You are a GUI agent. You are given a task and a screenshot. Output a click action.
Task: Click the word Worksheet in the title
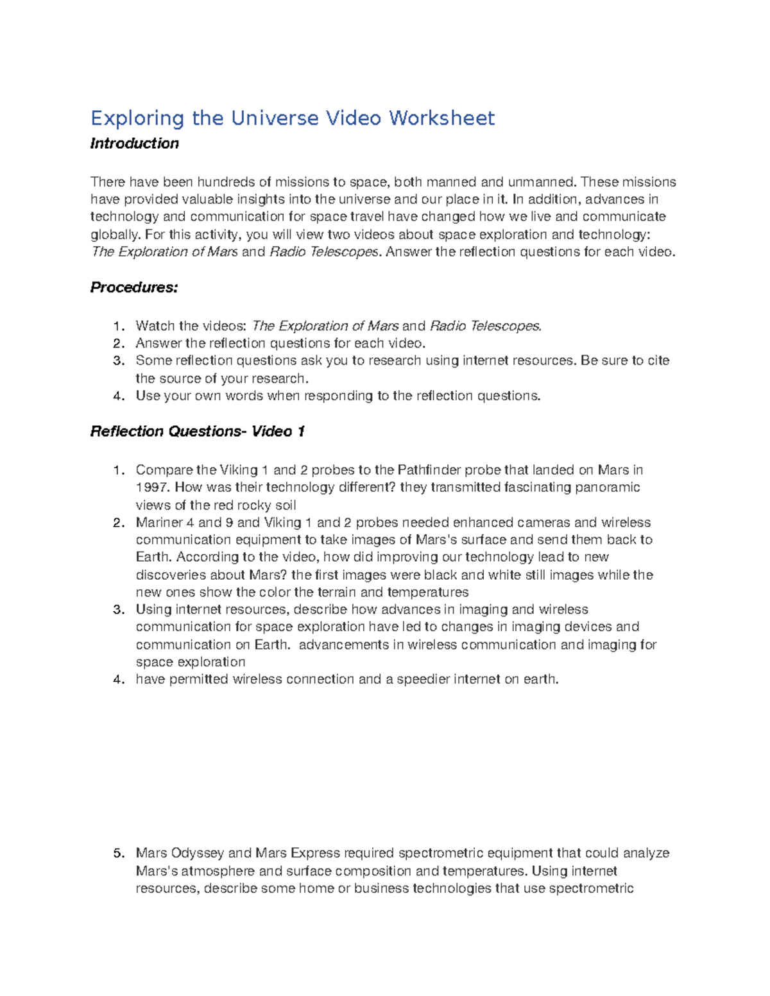click(x=442, y=118)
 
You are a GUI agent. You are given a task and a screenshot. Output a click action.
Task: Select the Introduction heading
click(x=134, y=144)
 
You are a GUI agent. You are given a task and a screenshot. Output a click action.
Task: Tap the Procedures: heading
click(x=133, y=287)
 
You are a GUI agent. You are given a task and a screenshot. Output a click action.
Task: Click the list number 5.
click(x=117, y=854)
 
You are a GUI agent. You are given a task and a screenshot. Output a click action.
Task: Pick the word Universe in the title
click(x=275, y=118)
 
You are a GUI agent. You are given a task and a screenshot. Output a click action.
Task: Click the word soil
click(x=284, y=505)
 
